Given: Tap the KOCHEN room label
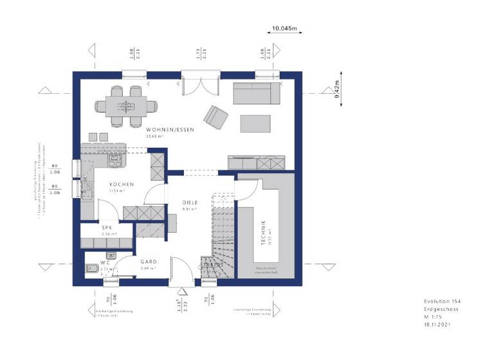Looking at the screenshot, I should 117,184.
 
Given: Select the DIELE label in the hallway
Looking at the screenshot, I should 190,203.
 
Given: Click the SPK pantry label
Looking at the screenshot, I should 106,228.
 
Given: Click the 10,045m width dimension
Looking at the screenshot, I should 284,29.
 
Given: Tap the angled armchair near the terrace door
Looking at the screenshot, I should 215,116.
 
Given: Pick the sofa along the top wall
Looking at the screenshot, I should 257,94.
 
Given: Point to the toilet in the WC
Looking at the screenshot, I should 91,268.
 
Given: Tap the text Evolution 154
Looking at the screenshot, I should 443,301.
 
